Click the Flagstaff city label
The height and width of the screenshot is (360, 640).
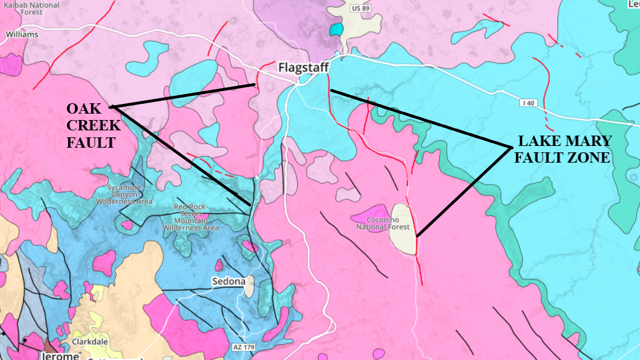coord(303,67)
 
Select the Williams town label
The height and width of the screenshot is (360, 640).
coord(22,34)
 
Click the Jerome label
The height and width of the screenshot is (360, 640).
coord(60,355)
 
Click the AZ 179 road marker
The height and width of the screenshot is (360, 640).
coord(244,347)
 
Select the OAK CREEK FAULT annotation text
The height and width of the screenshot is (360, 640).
coord(93,126)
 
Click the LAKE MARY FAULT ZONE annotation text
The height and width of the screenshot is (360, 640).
coord(564,149)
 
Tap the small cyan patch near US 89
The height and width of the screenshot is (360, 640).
coord(335,29)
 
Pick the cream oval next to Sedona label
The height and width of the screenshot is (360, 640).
coord(249,287)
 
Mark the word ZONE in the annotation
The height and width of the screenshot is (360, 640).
coord(589,157)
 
